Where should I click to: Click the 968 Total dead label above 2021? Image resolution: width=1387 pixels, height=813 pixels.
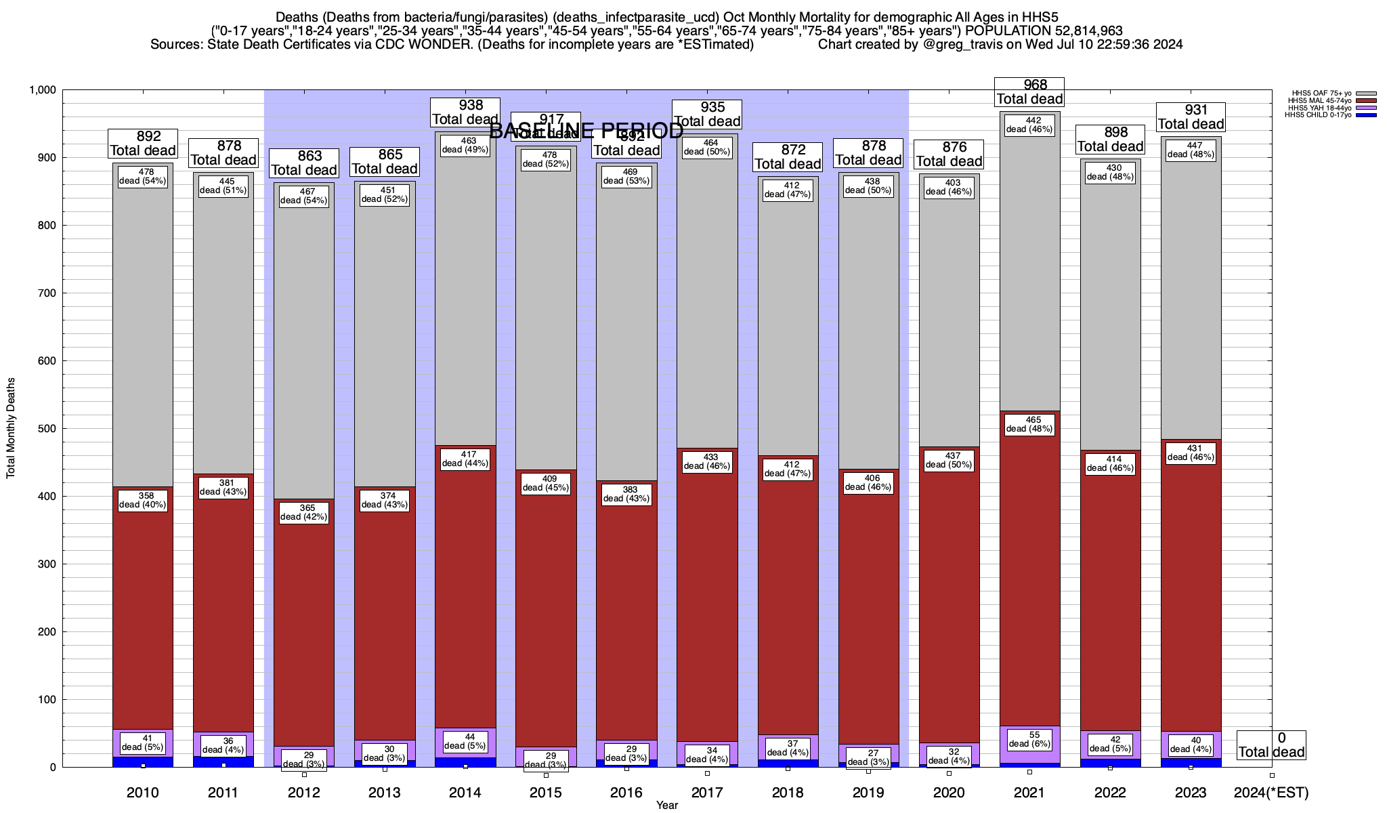1029,91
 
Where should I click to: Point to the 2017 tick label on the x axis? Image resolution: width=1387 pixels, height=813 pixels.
707,793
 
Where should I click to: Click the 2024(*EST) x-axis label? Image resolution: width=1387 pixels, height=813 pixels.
1271,793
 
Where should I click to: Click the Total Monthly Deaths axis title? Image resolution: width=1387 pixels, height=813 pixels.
11,428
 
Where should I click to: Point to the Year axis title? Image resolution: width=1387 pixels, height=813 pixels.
666,806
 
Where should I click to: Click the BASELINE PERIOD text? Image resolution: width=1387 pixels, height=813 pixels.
586,131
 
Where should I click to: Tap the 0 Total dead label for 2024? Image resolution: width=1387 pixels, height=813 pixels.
1271,745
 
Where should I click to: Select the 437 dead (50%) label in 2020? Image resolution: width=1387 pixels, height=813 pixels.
948,461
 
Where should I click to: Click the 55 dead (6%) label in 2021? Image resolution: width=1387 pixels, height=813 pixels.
1029,739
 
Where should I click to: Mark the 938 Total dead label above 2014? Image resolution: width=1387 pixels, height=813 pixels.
466,112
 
